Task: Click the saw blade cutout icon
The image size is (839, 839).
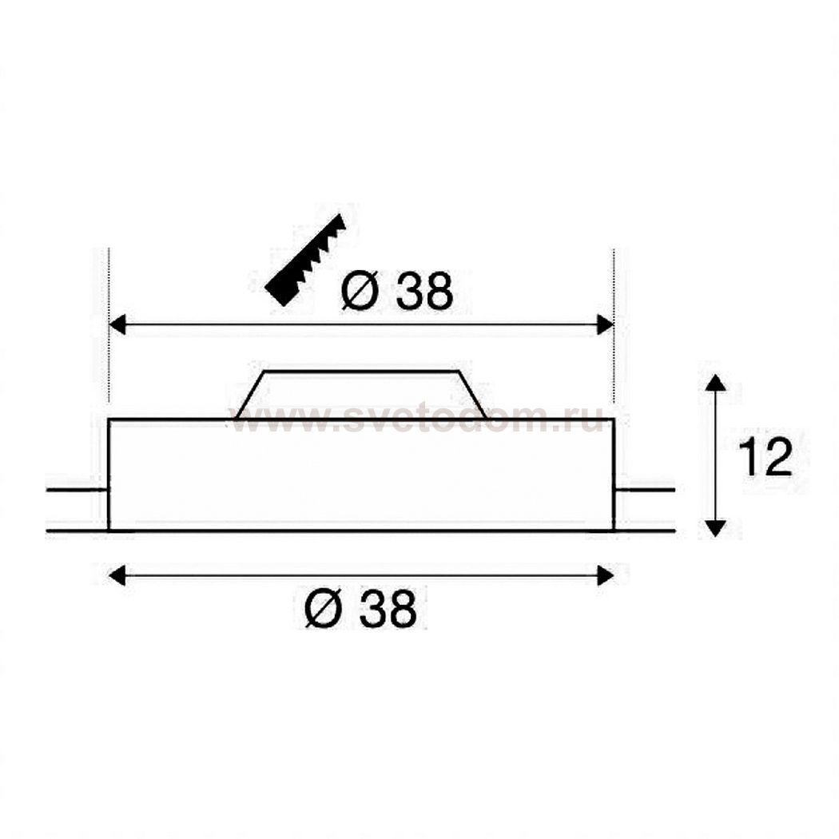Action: click(x=306, y=260)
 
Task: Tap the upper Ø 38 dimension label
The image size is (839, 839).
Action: click(x=397, y=292)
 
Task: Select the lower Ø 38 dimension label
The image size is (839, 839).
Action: click(x=360, y=609)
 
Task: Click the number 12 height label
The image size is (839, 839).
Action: click(x=765, y=457)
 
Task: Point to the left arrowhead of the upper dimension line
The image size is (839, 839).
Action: click(x=117, y=324)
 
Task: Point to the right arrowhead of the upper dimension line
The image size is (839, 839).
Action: click(x=605, y=324)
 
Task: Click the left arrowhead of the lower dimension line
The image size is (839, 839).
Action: click(x=117, y=576)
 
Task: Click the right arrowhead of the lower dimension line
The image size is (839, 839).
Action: click(x=605, y=576)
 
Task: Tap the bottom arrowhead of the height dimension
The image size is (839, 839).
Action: click(x=716, y=528)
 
